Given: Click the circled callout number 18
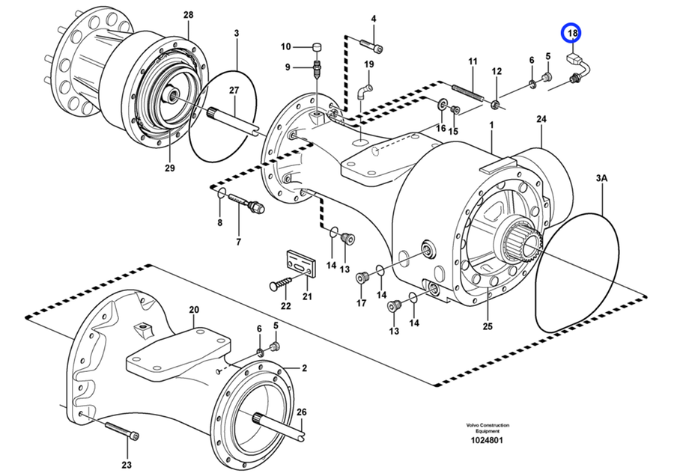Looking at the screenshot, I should (x=572, y=33).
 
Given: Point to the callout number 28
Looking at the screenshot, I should (x=187, y=15).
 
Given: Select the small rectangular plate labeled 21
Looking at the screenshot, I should (x=301, y=263).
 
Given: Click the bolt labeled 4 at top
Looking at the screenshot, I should (x=371, y=46).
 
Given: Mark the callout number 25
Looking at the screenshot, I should (x=488, y=327).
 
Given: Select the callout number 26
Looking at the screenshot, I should (x=301, y=411).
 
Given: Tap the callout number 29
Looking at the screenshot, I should (x=169, y=168).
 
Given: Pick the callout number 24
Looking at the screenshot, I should (x=541, y=119).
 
